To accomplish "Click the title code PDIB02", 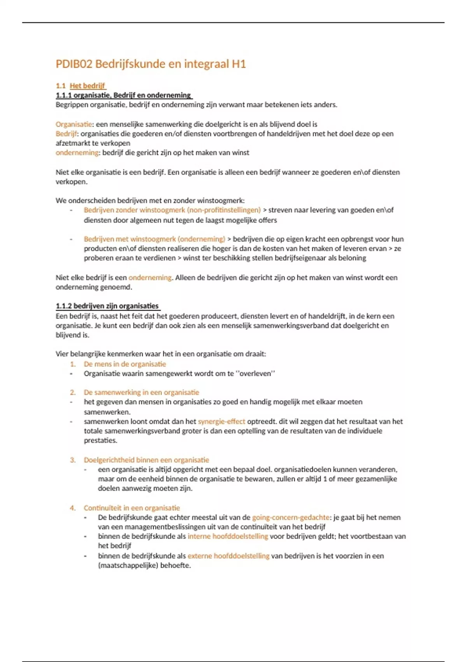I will pyautogui.click(x=74, y=64).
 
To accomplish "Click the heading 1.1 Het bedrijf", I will pyautogui.click(x=81, y=86).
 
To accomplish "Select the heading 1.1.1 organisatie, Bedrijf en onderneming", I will pyautogui.click(x=123, y=95).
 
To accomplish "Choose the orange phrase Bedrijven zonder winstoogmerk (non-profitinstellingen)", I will pyautogui.click(x=172, y=210).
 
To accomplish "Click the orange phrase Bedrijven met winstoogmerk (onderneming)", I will pyautogui.click(x=154, y=239).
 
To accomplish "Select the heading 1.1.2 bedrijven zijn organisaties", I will pyautogui.click(x=107, y=306).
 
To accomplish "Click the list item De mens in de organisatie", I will pyautogui.click(x=125, y=364).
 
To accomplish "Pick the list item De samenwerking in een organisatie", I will pyautogui.click(x=141, y=392).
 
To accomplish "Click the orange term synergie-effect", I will pyautogui.click(x=221, y=421).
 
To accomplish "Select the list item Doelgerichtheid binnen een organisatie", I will pyautogui.click(x=146, y=460).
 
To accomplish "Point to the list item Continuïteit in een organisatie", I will pyautogui.click(x=132, y=508).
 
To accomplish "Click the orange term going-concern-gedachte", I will pyautogui.click(x=291, y=517).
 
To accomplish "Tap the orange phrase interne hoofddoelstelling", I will pyautogui.click(x=228, y=536).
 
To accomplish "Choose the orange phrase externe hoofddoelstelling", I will pyautogui.click(x=228, y=556).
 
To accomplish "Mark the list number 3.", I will pyautogui.click(x=73, y=460).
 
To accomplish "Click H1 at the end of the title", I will pyautogui.click(x=239, y=64).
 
